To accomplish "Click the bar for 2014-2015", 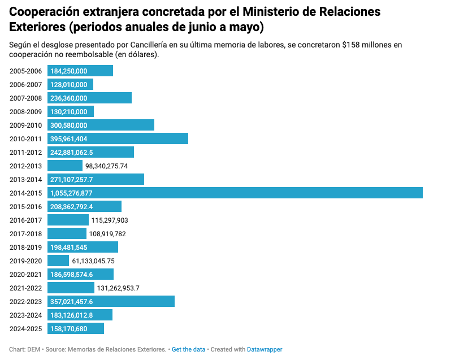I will click(x=235, y=193).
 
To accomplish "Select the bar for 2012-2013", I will click(x=65, y=166).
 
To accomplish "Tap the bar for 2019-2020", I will click(x=58, y=261).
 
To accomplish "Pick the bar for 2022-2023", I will click(x=111, y=301).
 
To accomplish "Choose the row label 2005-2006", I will click(x=26, y=71).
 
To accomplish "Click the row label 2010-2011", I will click(x=26, y=139).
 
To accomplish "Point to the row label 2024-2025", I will click(x=26, y=329).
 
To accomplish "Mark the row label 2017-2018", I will click(x=26, y=234).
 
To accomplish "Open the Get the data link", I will click(x=188, y=349).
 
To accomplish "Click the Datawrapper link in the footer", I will click(x=265, y=349).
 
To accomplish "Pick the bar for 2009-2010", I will click(x=101, y=125).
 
